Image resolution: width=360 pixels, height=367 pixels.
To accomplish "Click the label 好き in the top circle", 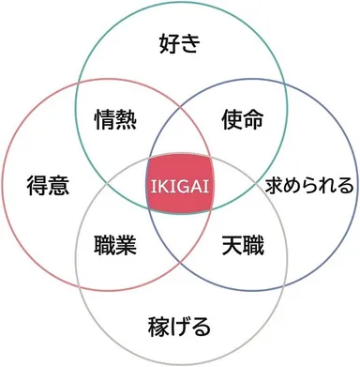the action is tap(179, 44).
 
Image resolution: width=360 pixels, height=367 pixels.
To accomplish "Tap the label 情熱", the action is tap(116, 119).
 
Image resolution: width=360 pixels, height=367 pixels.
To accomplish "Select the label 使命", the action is tap(242, 119).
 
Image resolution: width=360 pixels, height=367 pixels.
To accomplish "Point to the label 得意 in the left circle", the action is tap(48, 185).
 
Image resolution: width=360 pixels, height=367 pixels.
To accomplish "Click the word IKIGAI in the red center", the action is tap(179, 185).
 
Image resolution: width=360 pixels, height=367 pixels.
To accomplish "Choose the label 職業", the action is tap(116, 248).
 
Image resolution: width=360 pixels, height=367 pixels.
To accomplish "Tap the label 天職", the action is tap(242, 248).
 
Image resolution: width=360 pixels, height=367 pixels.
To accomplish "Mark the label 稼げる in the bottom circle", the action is tap(179, 328).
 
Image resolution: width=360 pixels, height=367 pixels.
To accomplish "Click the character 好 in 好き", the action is tap(168, 44).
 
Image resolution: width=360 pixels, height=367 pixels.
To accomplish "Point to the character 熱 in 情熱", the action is tap(127, 119).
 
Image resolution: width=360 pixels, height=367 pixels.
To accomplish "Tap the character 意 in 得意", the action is tap(59, 185).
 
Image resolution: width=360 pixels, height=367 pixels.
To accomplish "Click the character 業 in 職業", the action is tap(127, 248).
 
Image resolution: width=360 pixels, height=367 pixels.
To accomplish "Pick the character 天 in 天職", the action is tap(232, 248).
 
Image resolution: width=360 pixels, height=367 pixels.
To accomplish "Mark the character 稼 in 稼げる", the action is tap(158, 328).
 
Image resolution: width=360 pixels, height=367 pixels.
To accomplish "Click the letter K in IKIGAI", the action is tap(163, 185).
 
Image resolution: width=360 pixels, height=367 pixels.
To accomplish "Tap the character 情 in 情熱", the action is tap(105, 119).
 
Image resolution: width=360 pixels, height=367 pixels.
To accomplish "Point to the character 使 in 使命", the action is tap(232, 119).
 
